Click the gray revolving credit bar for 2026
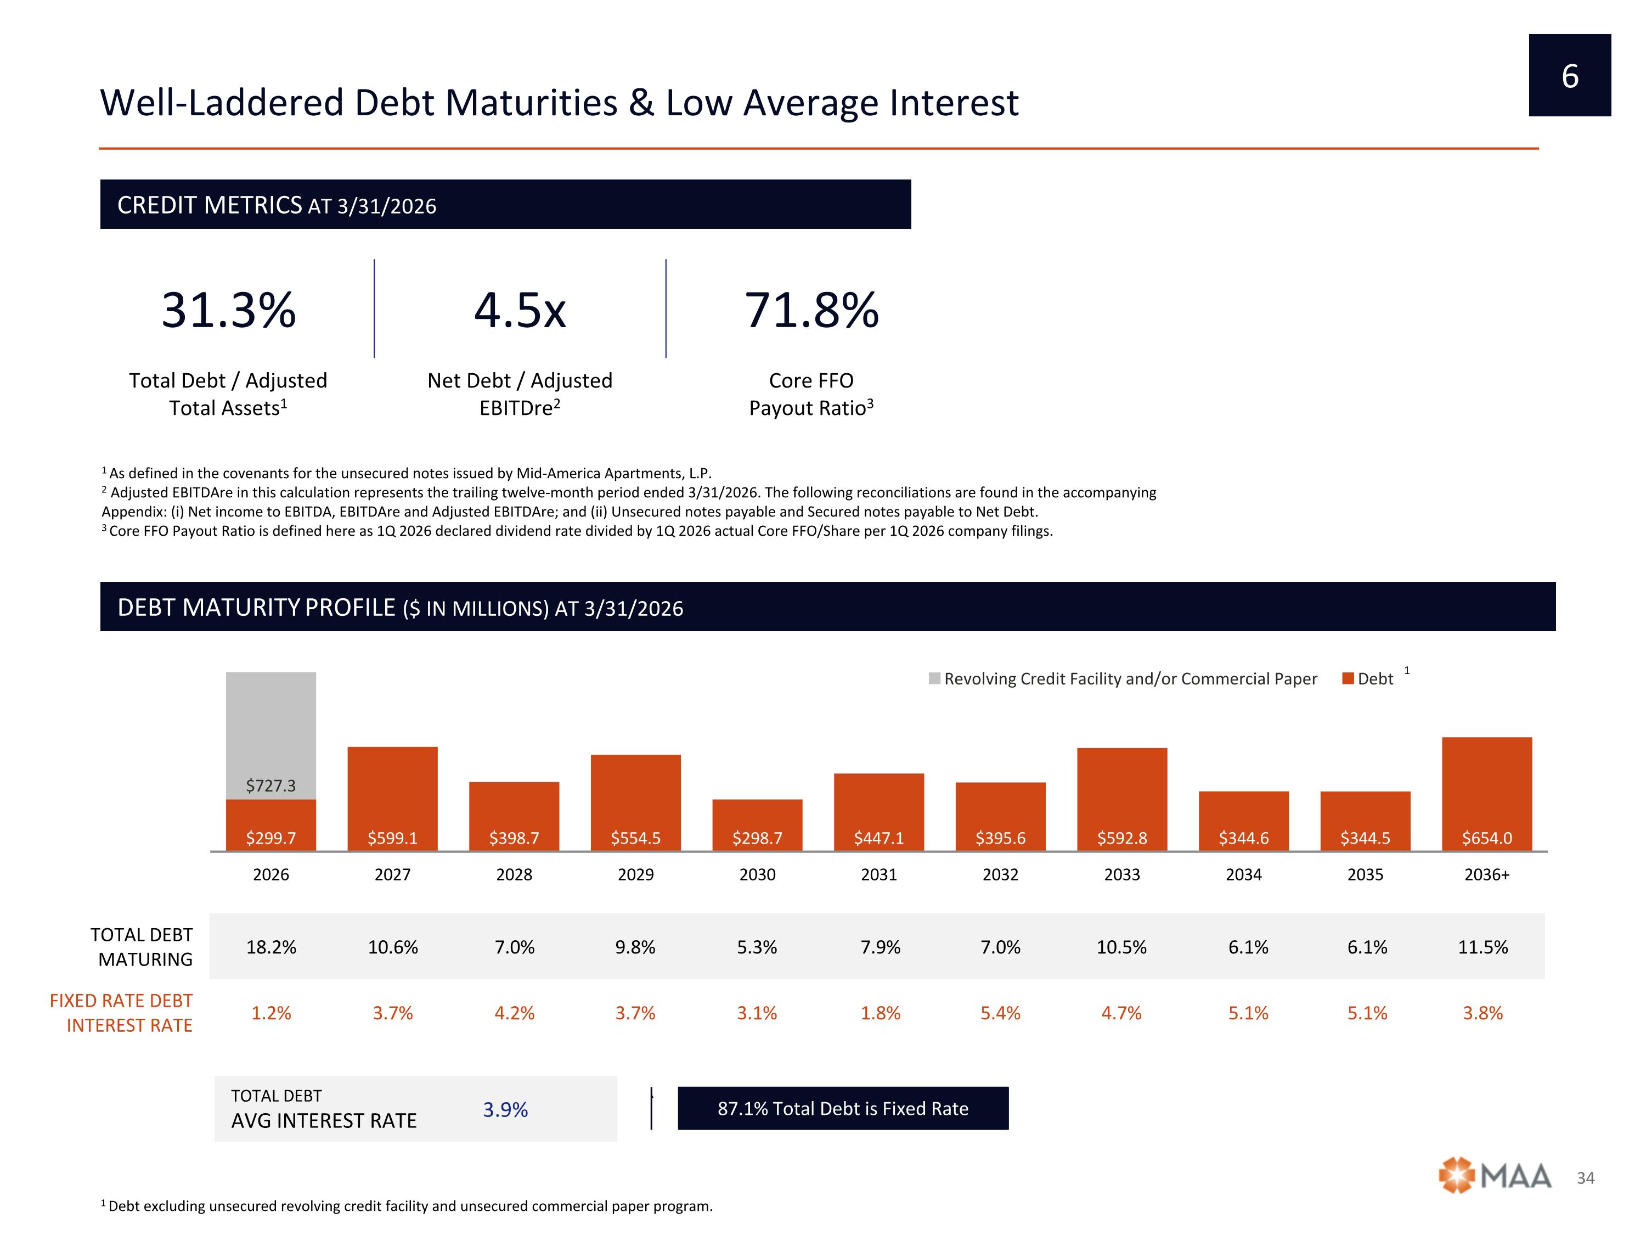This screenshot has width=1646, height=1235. pos(271,736)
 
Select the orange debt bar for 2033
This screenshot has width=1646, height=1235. pos(1122,799)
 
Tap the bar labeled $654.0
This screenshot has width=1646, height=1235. pos(1487,794)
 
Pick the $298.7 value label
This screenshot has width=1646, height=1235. pos(758,838)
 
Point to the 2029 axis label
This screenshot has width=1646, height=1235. pos(635,875)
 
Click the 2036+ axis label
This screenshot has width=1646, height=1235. pos(1487,875)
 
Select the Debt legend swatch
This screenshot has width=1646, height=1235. pos(1348,678)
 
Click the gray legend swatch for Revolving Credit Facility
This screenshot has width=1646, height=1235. pos(934,678)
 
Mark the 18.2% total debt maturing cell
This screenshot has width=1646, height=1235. pos(271,947)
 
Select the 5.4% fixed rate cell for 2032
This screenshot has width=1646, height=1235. pos(1000,1013)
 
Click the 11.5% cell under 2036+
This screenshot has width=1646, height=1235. pos(1483,947)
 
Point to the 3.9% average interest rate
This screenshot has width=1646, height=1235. pos(505,1110)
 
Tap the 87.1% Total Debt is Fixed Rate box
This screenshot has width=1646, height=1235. pos(843,1108)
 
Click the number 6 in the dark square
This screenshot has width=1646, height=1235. pos(1570,76)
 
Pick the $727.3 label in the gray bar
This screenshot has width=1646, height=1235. pos(271,785)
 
